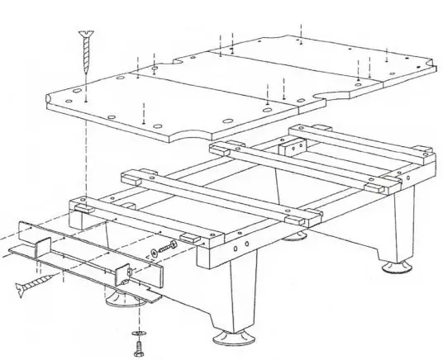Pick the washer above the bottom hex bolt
tap(136, 333)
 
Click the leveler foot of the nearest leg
tap(228, 337)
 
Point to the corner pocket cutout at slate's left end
tap(52, 99)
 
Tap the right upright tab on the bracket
tap(126, 269)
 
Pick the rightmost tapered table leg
tap(403, 227)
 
